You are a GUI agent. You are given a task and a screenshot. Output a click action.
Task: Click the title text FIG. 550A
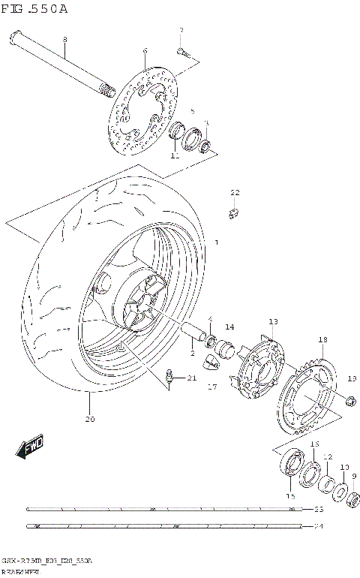pyautogui.click(x=34, y=9)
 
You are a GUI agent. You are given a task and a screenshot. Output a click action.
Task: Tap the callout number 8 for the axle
pyautogui.click(x=64, y=39)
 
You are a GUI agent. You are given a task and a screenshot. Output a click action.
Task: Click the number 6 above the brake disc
pyautogui.click(x=145, y=51)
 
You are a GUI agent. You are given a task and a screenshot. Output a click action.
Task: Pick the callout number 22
pyautogui.click(x=235, y=193)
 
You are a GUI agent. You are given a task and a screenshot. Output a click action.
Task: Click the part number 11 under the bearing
pyautogui.click(x=174, y=157)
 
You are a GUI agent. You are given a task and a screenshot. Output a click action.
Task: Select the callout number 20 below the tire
pyautogui.click(x=90, y=419)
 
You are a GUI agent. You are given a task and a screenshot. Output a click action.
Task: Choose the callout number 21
pyautogui.click(x=191, y=378)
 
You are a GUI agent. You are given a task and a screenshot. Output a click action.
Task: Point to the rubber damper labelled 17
pyautogui.click(x=214, y=365)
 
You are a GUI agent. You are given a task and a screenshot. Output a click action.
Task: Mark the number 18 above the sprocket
pyautogui.click(x=323, y=340)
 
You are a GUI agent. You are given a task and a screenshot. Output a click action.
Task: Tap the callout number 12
pyautogui.click(x=327, y=456)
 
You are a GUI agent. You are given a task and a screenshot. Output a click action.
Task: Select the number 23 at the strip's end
pyautogui.click(x=318, y=510)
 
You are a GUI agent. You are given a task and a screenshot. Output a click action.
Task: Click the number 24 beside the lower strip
pyautogui.click(x=318, y=526)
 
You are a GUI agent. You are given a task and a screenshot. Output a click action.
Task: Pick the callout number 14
pyautogui.click(x=229, y=327)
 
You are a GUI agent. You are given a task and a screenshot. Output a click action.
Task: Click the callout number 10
pyautogui.click(x=344, y=467)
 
